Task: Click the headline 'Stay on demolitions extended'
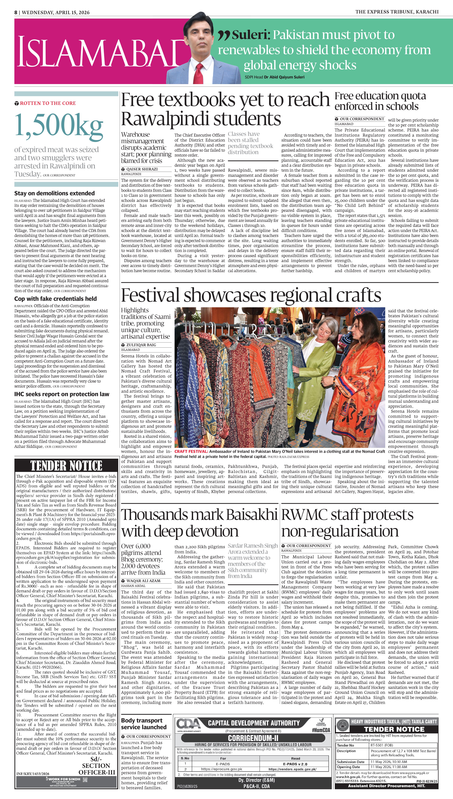tap(54, 193)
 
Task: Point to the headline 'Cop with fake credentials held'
tap(55, 299)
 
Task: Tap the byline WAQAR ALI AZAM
tap(143, 581)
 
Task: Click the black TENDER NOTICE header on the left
tap(66, 466)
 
